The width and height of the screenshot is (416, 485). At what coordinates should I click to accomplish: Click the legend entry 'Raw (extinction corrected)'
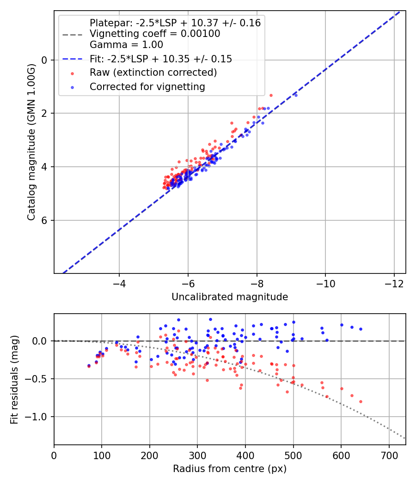click(x=153, y=73)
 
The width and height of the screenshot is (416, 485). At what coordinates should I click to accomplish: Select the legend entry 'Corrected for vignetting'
click(x=147, y=86)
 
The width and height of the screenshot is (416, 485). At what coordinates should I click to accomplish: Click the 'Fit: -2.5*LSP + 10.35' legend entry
click(x=161, y=59)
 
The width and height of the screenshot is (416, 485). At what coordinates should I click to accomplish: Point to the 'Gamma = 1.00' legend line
click(x=126, y=45)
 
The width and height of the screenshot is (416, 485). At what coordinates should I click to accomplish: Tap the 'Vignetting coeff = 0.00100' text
click(x=155, y=34)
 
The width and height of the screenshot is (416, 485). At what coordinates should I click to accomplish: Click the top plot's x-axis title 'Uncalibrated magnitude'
click(x=230, y=297)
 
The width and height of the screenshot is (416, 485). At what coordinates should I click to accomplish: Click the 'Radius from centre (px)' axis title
click(x=230, y=469)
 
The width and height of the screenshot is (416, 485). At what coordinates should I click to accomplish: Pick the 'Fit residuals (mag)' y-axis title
click(x=14, y=379)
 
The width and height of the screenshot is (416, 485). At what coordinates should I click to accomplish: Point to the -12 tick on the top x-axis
click(x=394, y=282)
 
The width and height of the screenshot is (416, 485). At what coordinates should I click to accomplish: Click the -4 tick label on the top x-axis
click(x=119, y=282)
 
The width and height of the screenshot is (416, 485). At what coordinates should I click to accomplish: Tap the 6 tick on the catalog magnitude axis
click(x=45, y=220)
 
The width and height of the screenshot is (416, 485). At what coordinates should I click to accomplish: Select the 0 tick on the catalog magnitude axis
click(x=45, y=60)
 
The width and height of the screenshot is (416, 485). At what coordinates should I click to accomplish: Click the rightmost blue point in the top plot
click(x=296, y=95)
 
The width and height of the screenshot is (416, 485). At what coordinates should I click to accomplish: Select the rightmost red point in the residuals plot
click(x=361, y=401)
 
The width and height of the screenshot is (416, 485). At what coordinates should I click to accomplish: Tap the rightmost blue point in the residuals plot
click(x=361, y=329)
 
